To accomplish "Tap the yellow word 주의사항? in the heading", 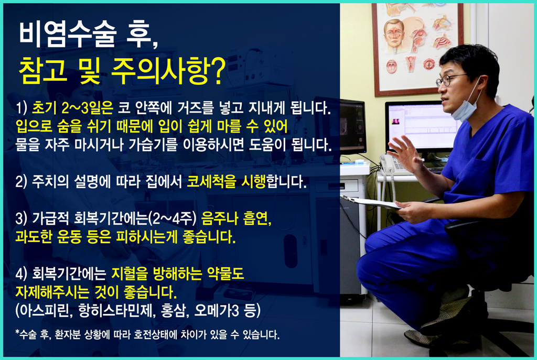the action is click(169, 71).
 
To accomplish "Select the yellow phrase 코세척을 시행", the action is click(227, 181).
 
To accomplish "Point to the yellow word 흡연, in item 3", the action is click(257, 219).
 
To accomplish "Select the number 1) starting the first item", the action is click(21, 108).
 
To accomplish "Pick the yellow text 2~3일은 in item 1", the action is click(88, 108).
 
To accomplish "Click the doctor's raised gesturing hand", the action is click(404, 152).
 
